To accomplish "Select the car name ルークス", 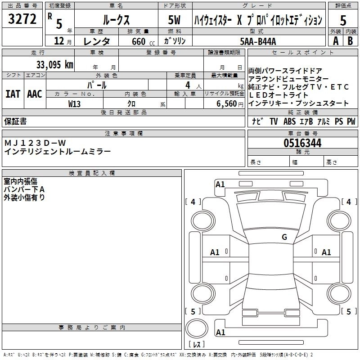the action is pyautogui.click(x=116, y=20).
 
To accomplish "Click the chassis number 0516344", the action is pyautogui.click(x=302, y=144).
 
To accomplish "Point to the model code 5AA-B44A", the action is pyautogui.click(x=258, y=41).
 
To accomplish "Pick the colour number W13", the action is pyautogui.click(x=75, y=103).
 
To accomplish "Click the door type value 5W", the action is pyautogui.click(x=175, y=20).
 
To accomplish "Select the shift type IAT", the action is pyautogui.click(x=13, y=94).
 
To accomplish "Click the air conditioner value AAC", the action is pyautogui.click(x=35, y=94).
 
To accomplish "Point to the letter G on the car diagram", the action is pyautogui.click(x=284, y=237).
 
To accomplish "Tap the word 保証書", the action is pyautogui.click(x=15, y=121).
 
